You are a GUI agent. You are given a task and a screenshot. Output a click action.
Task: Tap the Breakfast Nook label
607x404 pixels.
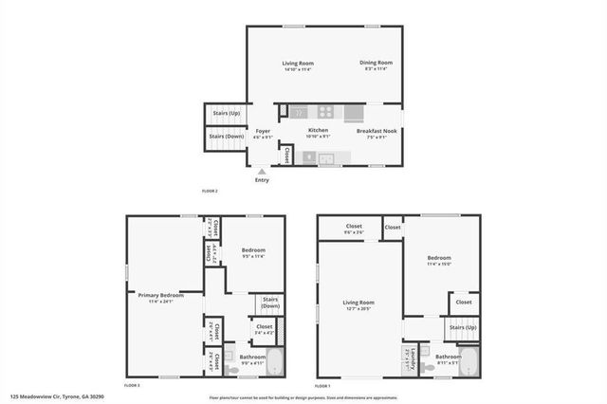(376, 133)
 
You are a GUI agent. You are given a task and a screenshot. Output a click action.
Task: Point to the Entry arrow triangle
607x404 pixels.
(262, 172)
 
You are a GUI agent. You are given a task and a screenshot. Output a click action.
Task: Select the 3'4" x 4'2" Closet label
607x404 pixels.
(265, 329)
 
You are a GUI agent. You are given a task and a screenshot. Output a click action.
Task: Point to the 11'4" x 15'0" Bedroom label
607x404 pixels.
(439, 261)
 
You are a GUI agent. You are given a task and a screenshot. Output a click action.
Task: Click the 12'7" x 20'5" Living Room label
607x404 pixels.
(359, 305)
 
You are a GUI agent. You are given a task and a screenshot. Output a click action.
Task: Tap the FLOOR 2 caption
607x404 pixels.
(210, 192)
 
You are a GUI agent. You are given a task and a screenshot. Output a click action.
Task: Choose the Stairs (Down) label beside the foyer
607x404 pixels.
(225, 139)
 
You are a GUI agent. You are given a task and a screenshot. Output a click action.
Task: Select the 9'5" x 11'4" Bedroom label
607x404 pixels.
(253, 253)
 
